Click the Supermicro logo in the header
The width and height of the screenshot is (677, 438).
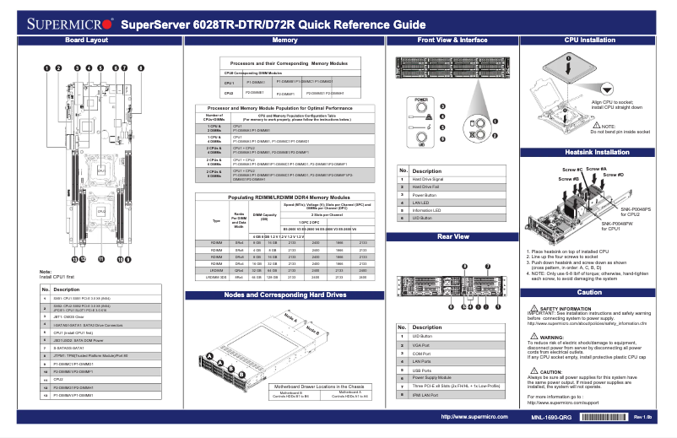coord(61,22)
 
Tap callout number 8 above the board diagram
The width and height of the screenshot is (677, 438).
coord(140,67)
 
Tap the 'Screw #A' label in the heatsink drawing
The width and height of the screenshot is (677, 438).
coord(596,168)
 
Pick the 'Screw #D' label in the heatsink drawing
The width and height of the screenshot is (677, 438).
coord(615,174)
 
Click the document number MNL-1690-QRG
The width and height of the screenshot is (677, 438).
coord(551,417)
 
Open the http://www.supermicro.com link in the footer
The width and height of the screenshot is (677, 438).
coord(473,417)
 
